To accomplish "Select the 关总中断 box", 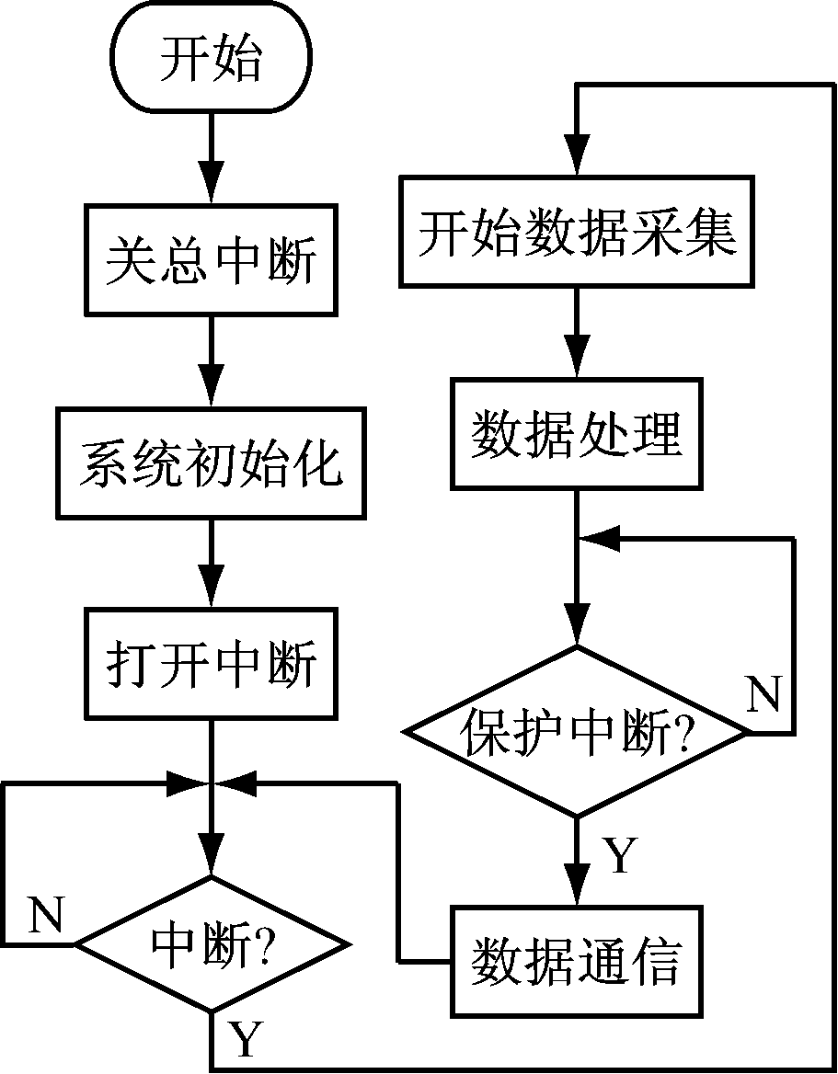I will (x=212, y=260).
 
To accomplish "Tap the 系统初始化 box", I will (x=212, y=463).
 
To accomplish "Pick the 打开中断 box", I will (x=212, y=663).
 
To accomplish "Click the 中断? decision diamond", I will (x=212, y=944).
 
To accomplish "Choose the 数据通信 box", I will (x=577, y=962).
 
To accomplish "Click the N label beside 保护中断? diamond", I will (x=763, y=697).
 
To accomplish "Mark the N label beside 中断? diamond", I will (x=45, y=915).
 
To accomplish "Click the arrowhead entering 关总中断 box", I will (x=212, y=187).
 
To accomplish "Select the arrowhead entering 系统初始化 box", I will (x=212, y=390).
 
